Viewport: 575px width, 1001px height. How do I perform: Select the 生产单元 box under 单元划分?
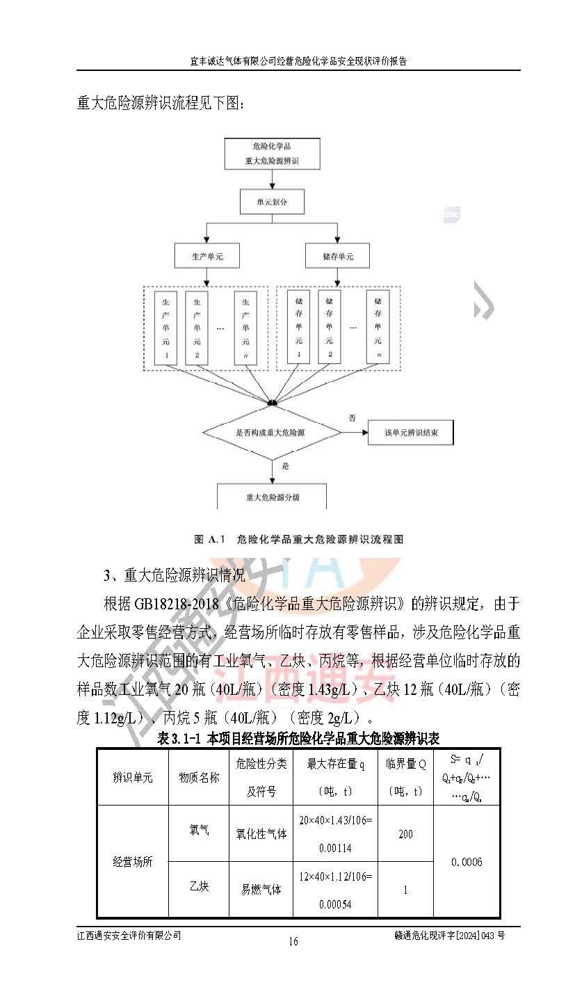click(206, 257)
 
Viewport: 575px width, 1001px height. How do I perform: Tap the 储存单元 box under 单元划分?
click(337, 257)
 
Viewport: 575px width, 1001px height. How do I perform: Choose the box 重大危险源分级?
click(272, 497)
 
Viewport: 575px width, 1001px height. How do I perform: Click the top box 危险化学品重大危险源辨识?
click(272, 154)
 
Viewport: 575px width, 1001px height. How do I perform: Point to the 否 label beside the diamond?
click(352, 417)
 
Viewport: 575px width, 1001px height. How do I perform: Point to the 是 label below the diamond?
click(284, 466)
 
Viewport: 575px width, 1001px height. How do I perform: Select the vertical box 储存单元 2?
click(330, 327)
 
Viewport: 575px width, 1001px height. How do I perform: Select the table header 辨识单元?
click(132, 777)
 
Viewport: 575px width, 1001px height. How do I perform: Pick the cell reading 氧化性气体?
click(261, 833)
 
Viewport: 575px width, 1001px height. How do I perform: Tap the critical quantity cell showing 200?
click(405, 833)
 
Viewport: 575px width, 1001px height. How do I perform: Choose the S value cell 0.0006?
click(466, 862)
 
